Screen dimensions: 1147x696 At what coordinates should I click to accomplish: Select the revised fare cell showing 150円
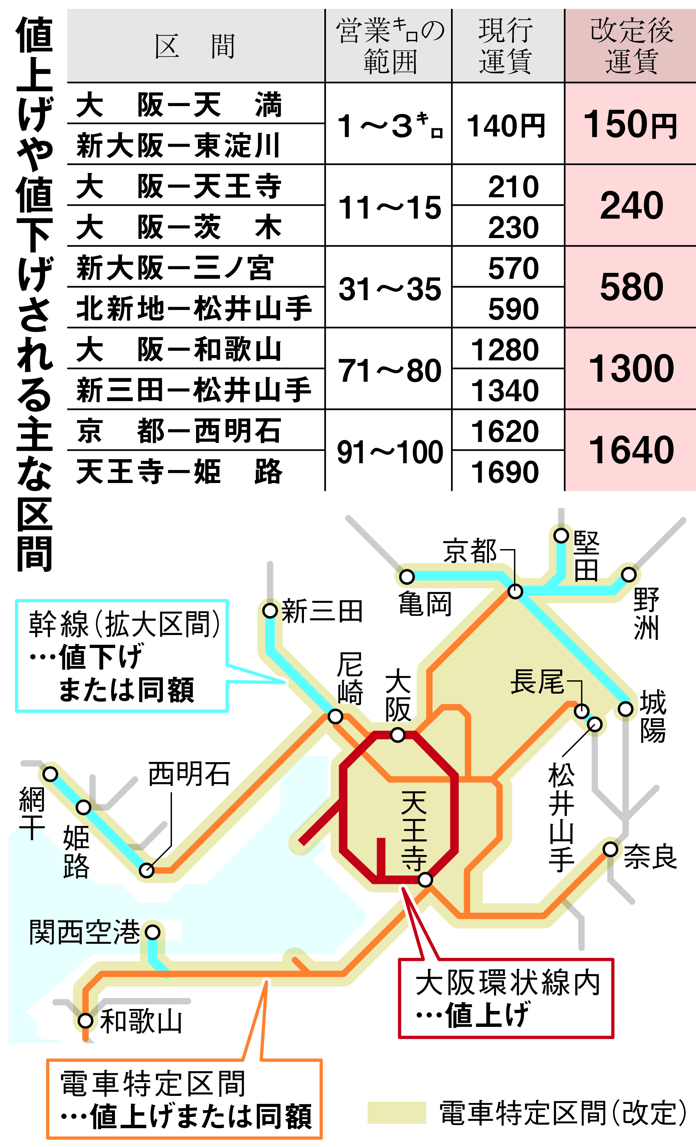(631, 124)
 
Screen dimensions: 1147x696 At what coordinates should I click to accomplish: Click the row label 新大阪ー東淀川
(178, 145)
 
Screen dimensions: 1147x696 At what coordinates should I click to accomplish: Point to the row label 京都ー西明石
(178, 431)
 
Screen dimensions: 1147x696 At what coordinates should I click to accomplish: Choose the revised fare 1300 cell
(631, 369)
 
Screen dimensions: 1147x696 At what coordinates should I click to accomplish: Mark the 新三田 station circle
(270, 610)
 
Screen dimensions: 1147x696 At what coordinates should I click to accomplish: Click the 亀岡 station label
(425, 605)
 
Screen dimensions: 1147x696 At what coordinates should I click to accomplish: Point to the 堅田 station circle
(561, 535)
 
